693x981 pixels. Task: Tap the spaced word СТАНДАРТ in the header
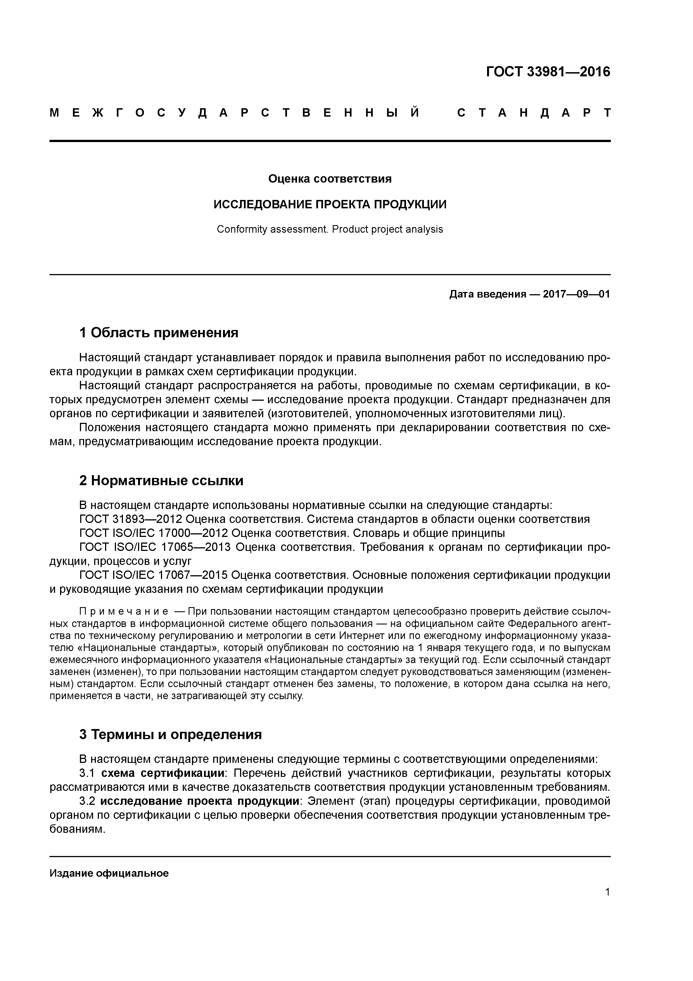[x=534, y=113]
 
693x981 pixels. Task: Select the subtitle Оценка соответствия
[x=330, y=179]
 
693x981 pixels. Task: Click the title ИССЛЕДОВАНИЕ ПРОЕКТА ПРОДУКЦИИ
[x=330, y=204]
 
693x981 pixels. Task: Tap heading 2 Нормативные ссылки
[x=162, y=481]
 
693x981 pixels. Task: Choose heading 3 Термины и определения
[x=170, y=734]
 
